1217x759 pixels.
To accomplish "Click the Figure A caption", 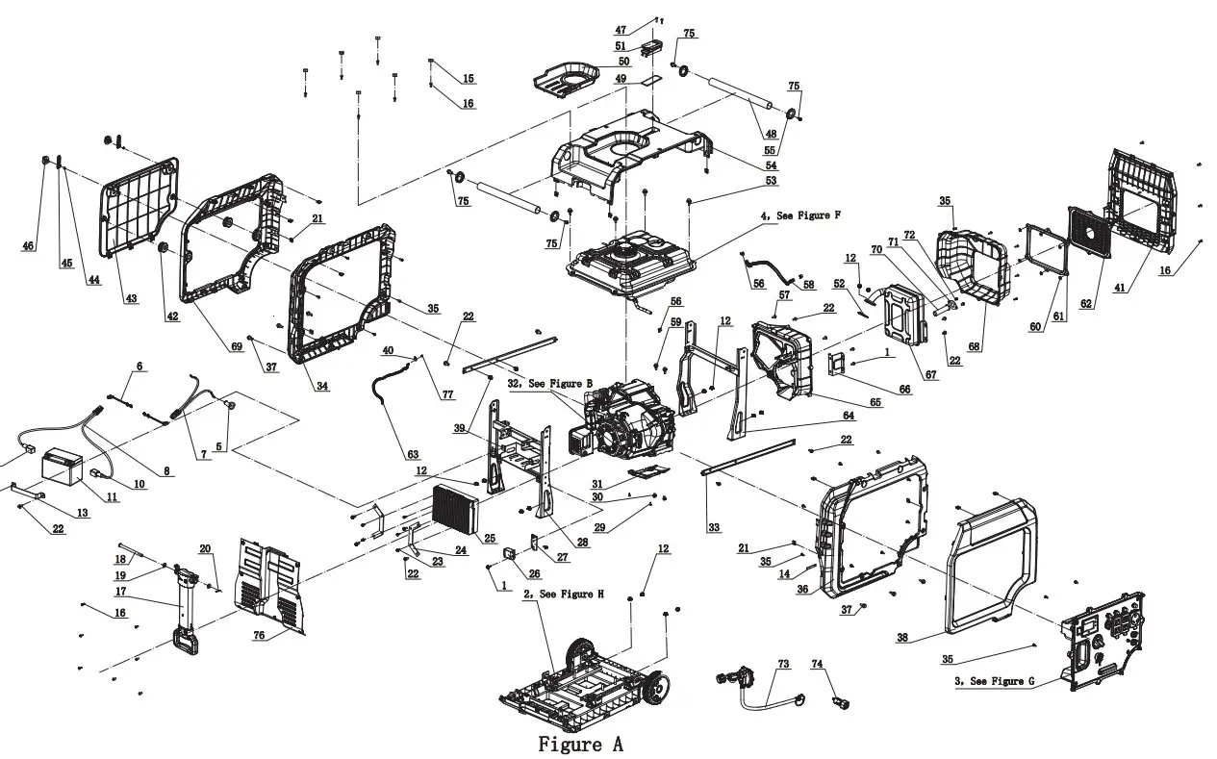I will click(580, 744).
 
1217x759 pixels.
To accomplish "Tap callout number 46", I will click(28, 246).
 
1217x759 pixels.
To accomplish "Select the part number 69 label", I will click(236, 346).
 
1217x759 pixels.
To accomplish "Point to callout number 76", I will click(260, 635).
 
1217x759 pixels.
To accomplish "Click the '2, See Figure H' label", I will click(563, 595).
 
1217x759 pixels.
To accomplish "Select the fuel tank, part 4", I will click(639, 262).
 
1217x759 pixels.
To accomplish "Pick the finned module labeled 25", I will click(455, 510).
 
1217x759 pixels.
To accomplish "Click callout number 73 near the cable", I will click(782, 664).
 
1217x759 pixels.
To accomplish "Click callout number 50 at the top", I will click(623, 62).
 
